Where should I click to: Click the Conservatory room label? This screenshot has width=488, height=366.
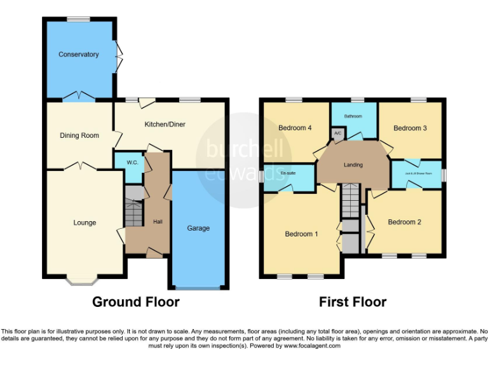78,55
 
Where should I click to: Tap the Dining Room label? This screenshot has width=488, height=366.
79,135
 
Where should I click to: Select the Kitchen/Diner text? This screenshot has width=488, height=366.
165,125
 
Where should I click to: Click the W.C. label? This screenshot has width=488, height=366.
132,163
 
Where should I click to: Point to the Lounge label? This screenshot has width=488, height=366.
85,222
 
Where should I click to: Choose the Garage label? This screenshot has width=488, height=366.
198,228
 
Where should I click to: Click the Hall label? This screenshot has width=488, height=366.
158,222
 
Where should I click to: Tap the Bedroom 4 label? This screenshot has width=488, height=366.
295,128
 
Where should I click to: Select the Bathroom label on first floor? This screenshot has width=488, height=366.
353,116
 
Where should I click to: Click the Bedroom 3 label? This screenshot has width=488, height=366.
410,128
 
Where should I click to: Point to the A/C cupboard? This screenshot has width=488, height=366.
337,133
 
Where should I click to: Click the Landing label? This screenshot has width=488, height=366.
353,165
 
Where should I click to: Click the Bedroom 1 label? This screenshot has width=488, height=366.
301,234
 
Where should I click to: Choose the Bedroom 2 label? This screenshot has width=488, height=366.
405,222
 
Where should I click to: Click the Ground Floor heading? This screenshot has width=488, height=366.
136,302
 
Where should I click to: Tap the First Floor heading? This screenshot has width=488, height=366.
353,302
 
